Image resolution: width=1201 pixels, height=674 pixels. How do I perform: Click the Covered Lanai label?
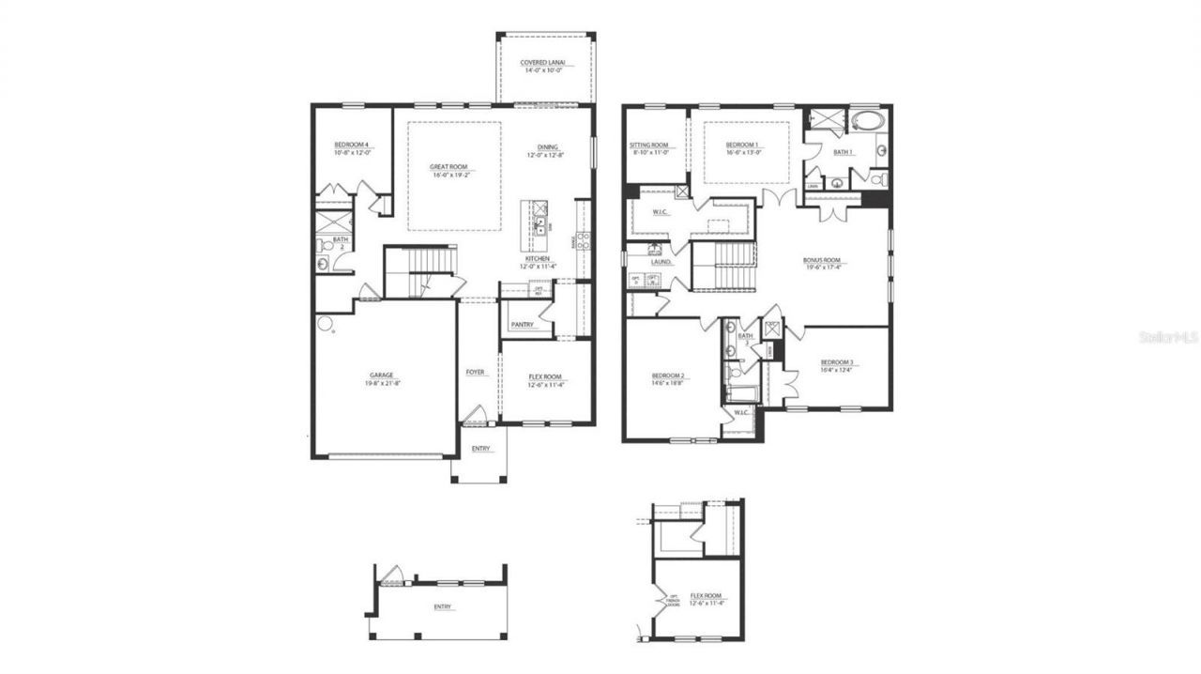coord(545,63)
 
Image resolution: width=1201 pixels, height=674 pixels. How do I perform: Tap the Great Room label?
coord(450,166)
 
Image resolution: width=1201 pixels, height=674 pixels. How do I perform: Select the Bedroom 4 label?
coord(352,145)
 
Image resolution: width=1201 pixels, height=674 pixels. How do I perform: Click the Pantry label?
coord(523,325)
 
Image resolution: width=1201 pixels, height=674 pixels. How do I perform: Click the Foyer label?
coord(476,373)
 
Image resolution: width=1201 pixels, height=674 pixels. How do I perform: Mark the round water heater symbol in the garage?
coord(325,323)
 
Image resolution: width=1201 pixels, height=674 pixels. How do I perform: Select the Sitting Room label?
coord(648,145)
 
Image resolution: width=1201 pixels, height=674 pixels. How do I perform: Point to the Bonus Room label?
coord(818,260)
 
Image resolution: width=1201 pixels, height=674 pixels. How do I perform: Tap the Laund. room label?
coord(661,262)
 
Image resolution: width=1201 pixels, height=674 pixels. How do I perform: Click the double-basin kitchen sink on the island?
coord(540,223)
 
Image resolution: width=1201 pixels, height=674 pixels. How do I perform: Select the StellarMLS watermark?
coord(1168,336)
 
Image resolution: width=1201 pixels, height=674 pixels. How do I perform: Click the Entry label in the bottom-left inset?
coord(442,606)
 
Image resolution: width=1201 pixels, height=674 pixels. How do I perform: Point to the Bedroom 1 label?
coord(742,145)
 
